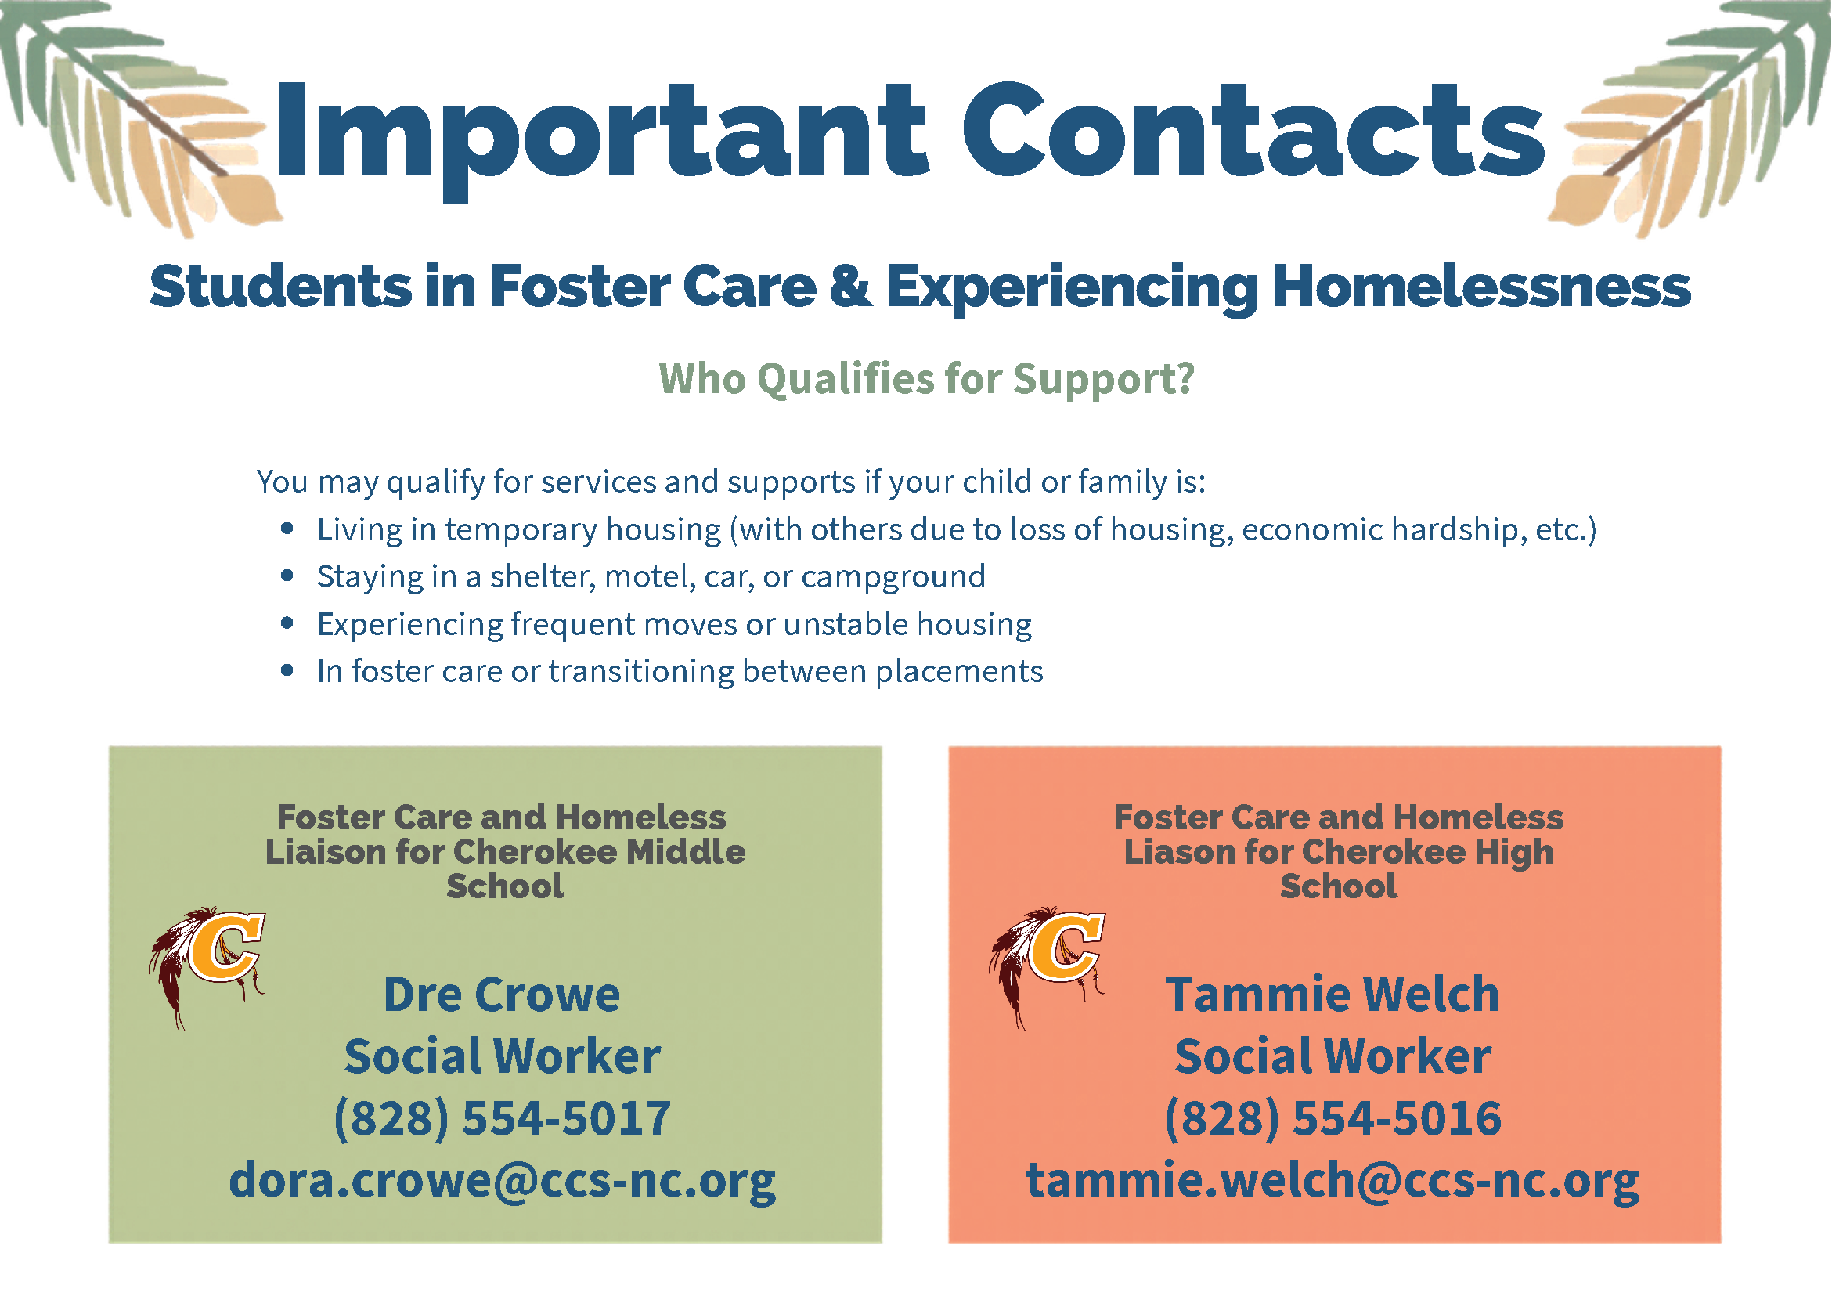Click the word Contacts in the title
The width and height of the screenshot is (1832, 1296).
[x=1254, y=129]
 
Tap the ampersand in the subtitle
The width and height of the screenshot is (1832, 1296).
[x=850, y=286]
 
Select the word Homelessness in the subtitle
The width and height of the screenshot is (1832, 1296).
[x=1482, y=286]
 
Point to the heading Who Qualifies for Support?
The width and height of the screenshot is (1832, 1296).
[x=926, y=378]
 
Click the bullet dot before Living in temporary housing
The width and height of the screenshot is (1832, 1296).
[x=287, y=529]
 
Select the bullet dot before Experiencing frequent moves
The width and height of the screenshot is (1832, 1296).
[x=287, y=623]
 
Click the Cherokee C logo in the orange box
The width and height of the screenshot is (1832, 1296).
[x=1046, y=966]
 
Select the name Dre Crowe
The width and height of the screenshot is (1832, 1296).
[x=501, y=995]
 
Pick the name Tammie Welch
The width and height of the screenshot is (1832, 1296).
[x=1333, y=995]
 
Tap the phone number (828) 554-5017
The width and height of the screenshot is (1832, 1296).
[x=502, y=1118]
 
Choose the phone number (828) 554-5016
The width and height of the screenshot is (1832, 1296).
[x=1333, y=1118]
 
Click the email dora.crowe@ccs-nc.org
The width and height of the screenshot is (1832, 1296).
[x=503, y=1181]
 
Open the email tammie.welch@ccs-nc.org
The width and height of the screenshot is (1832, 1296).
[x=1333, y=1181]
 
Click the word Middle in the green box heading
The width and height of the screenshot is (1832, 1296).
[x=685, y=852]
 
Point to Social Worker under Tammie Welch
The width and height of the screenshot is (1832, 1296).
[x=1333, y=1056]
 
